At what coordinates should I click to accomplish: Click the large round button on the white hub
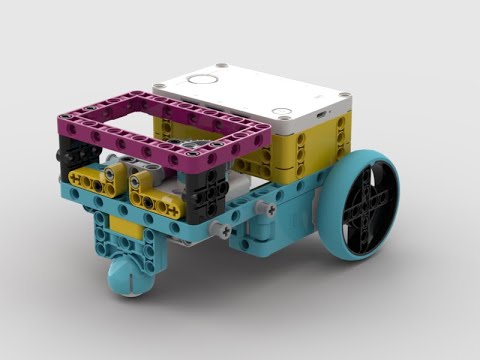203,79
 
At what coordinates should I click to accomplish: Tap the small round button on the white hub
283,112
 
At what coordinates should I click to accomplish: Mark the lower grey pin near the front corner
223,230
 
